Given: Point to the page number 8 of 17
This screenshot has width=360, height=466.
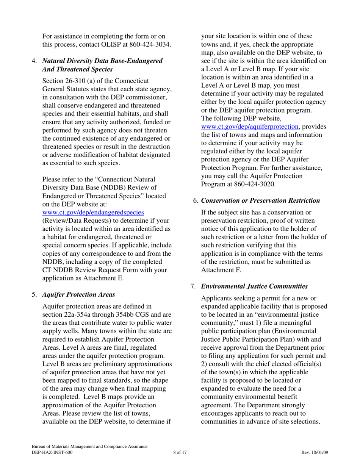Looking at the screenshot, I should (x=180, y=452).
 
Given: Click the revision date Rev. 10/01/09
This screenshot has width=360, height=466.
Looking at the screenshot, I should (x=315, y=452).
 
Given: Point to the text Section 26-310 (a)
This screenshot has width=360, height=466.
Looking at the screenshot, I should (x=68, y=81).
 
